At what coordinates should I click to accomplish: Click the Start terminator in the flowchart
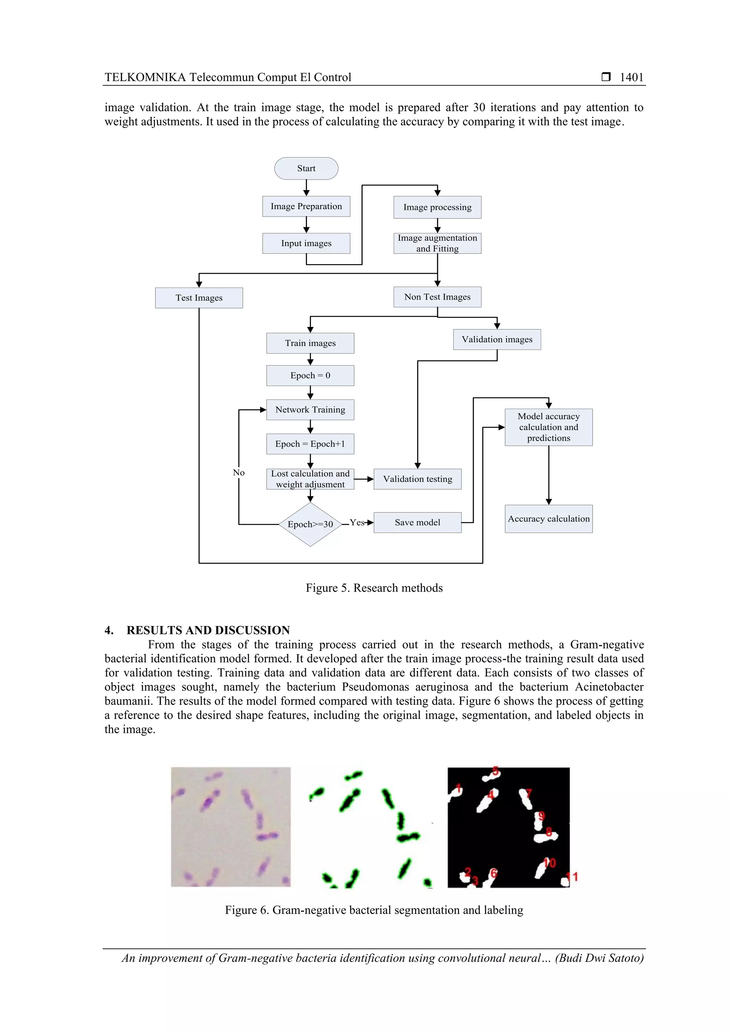pos(306,168)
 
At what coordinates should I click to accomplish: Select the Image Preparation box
pos(306,206)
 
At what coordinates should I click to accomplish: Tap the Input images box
pos(306,243)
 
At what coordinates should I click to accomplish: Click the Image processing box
pos(437,207)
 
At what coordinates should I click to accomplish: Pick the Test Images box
pos(199,298)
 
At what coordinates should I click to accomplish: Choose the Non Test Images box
pos(437,297)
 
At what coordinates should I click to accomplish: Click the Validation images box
pos(497,339)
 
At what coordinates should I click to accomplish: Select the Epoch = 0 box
pos(310,375)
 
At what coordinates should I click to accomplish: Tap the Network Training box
pos(310,410)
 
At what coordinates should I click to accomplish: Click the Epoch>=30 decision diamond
pos(310,524)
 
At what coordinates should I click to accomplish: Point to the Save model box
pos(418,523)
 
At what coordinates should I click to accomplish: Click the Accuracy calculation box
pos(549,519)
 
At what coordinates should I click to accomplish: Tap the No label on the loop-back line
pos(239,473)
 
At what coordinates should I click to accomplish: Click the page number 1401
pos(631,77)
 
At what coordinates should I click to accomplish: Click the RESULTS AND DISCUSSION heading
pos(208,630)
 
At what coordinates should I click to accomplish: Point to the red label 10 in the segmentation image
pos(550,863)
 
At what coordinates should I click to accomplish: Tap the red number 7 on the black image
pos(529,793)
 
